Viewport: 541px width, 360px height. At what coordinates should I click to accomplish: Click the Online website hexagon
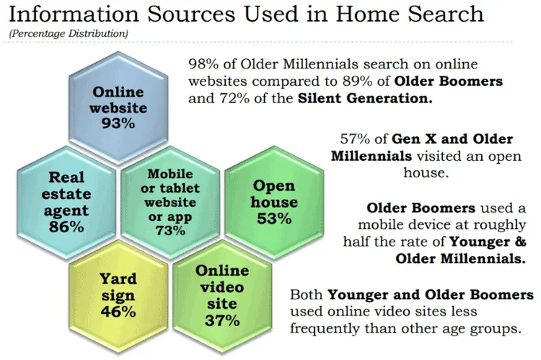(118, 107)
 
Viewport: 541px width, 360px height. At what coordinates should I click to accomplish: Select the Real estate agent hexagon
(67, 202)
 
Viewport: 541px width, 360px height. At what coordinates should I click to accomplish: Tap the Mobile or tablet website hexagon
(170, 202)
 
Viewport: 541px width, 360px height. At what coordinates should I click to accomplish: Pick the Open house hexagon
(273, 202)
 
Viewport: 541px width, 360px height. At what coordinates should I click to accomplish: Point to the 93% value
(118, 123)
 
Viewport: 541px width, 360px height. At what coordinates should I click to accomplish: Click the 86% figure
(67, 227)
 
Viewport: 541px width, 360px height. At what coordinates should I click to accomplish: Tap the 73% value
(170, 230)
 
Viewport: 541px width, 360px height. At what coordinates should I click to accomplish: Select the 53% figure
(273, 218)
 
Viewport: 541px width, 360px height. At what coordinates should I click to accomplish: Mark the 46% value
(118, 312)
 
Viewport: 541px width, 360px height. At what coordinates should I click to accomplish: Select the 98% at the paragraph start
(201, 63)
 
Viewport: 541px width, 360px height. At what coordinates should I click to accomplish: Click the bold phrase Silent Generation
(365, 98)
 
